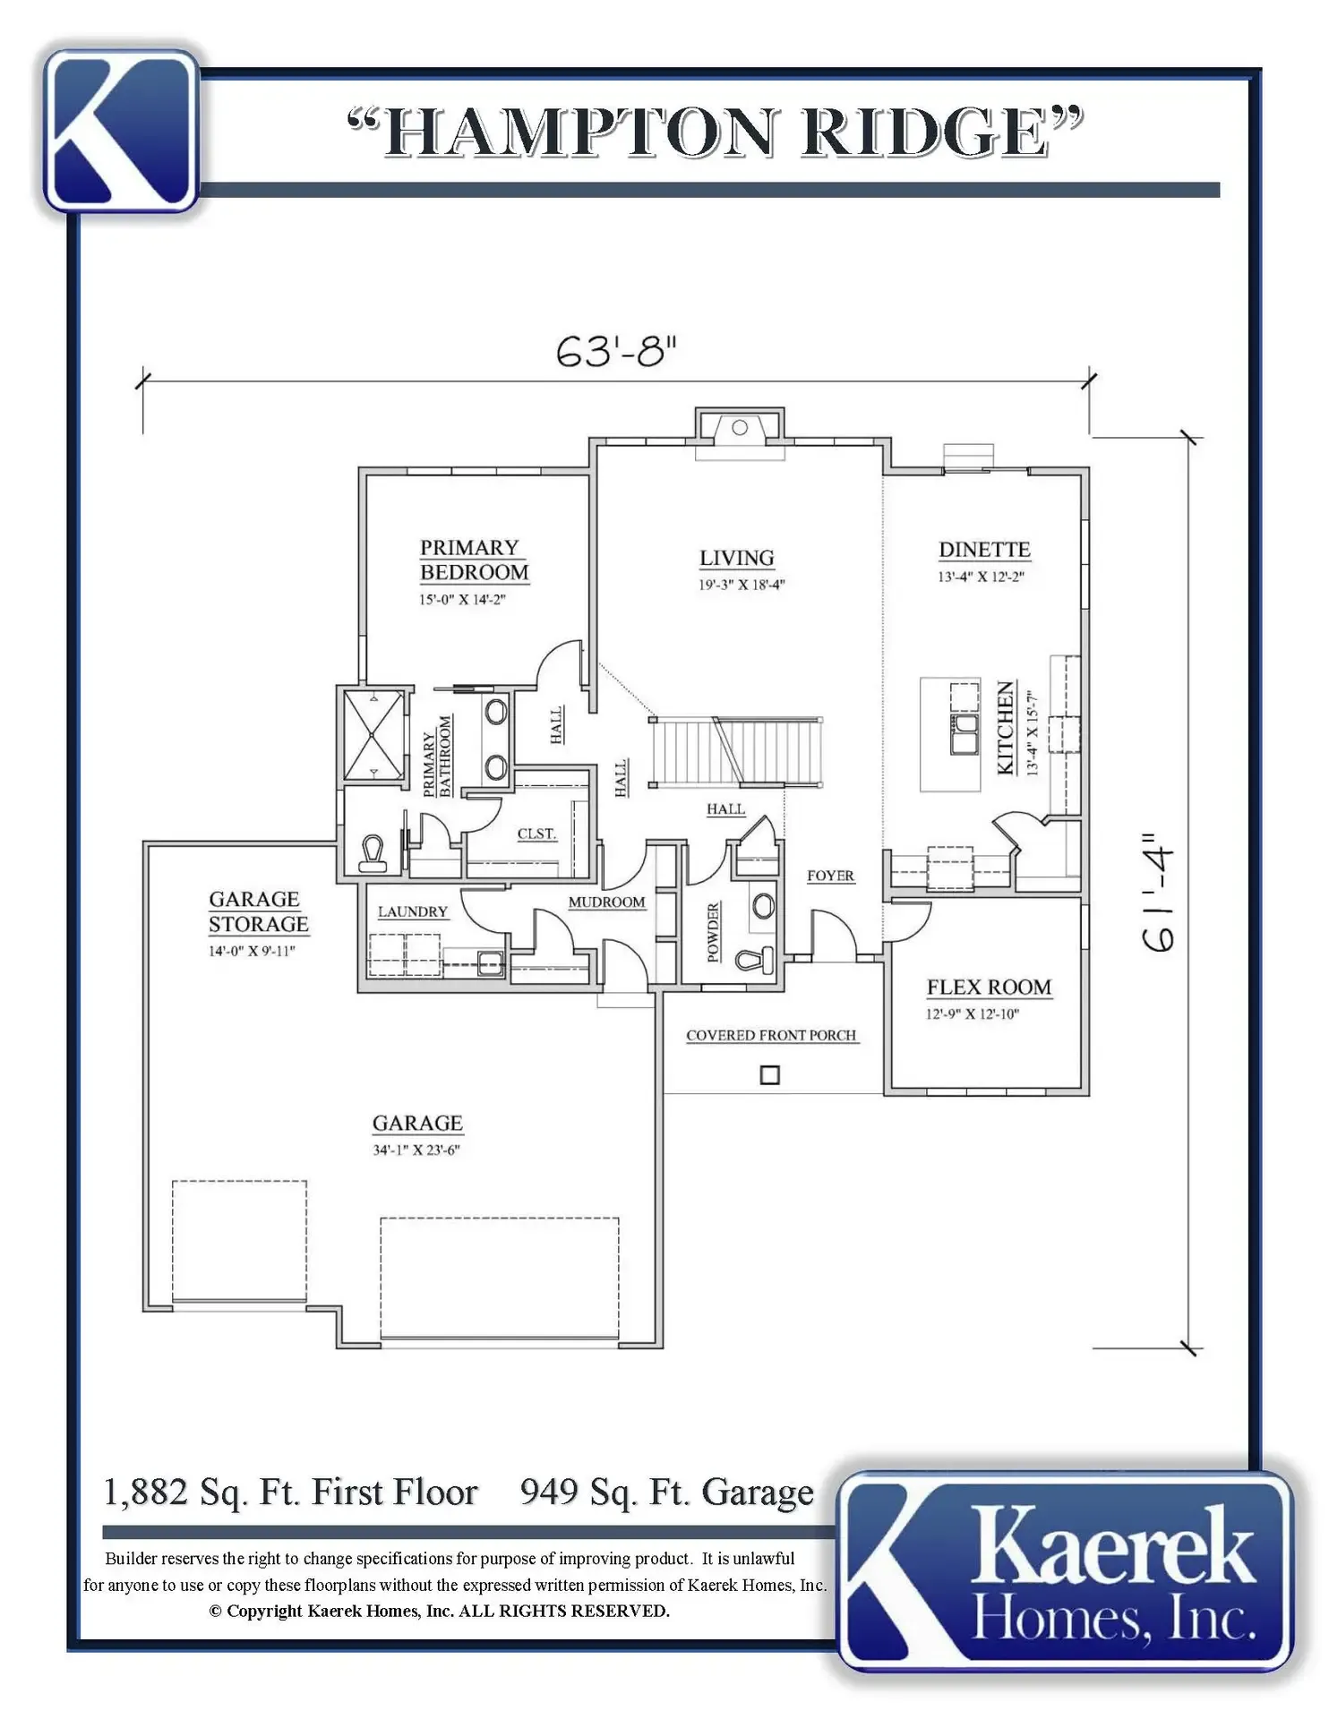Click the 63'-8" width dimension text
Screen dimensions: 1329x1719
tap(616, 351)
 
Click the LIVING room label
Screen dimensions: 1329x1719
tap(737, 558)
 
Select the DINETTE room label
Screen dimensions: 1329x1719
tap(984, 550)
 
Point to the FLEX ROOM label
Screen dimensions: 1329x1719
tap(989, 988)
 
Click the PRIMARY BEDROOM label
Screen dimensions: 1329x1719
tap(475, 560)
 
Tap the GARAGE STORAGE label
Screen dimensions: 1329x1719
tap(258, 911)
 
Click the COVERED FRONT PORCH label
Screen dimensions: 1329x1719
tap(771, 1035)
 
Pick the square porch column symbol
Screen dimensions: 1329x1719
tap(769, 1074)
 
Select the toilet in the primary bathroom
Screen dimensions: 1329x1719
tap(372, 853)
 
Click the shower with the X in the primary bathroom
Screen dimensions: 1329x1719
tap(373, 733)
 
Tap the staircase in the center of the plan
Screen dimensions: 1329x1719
tap(736, 751)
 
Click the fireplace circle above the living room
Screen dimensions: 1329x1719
tap(740, 427)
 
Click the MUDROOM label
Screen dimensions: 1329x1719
tap(606, 902)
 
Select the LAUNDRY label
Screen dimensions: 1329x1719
tap(412, 911)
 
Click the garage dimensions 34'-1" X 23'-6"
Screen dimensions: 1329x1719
tap(416, 1150)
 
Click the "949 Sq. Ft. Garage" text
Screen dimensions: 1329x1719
tap(667, 1492)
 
